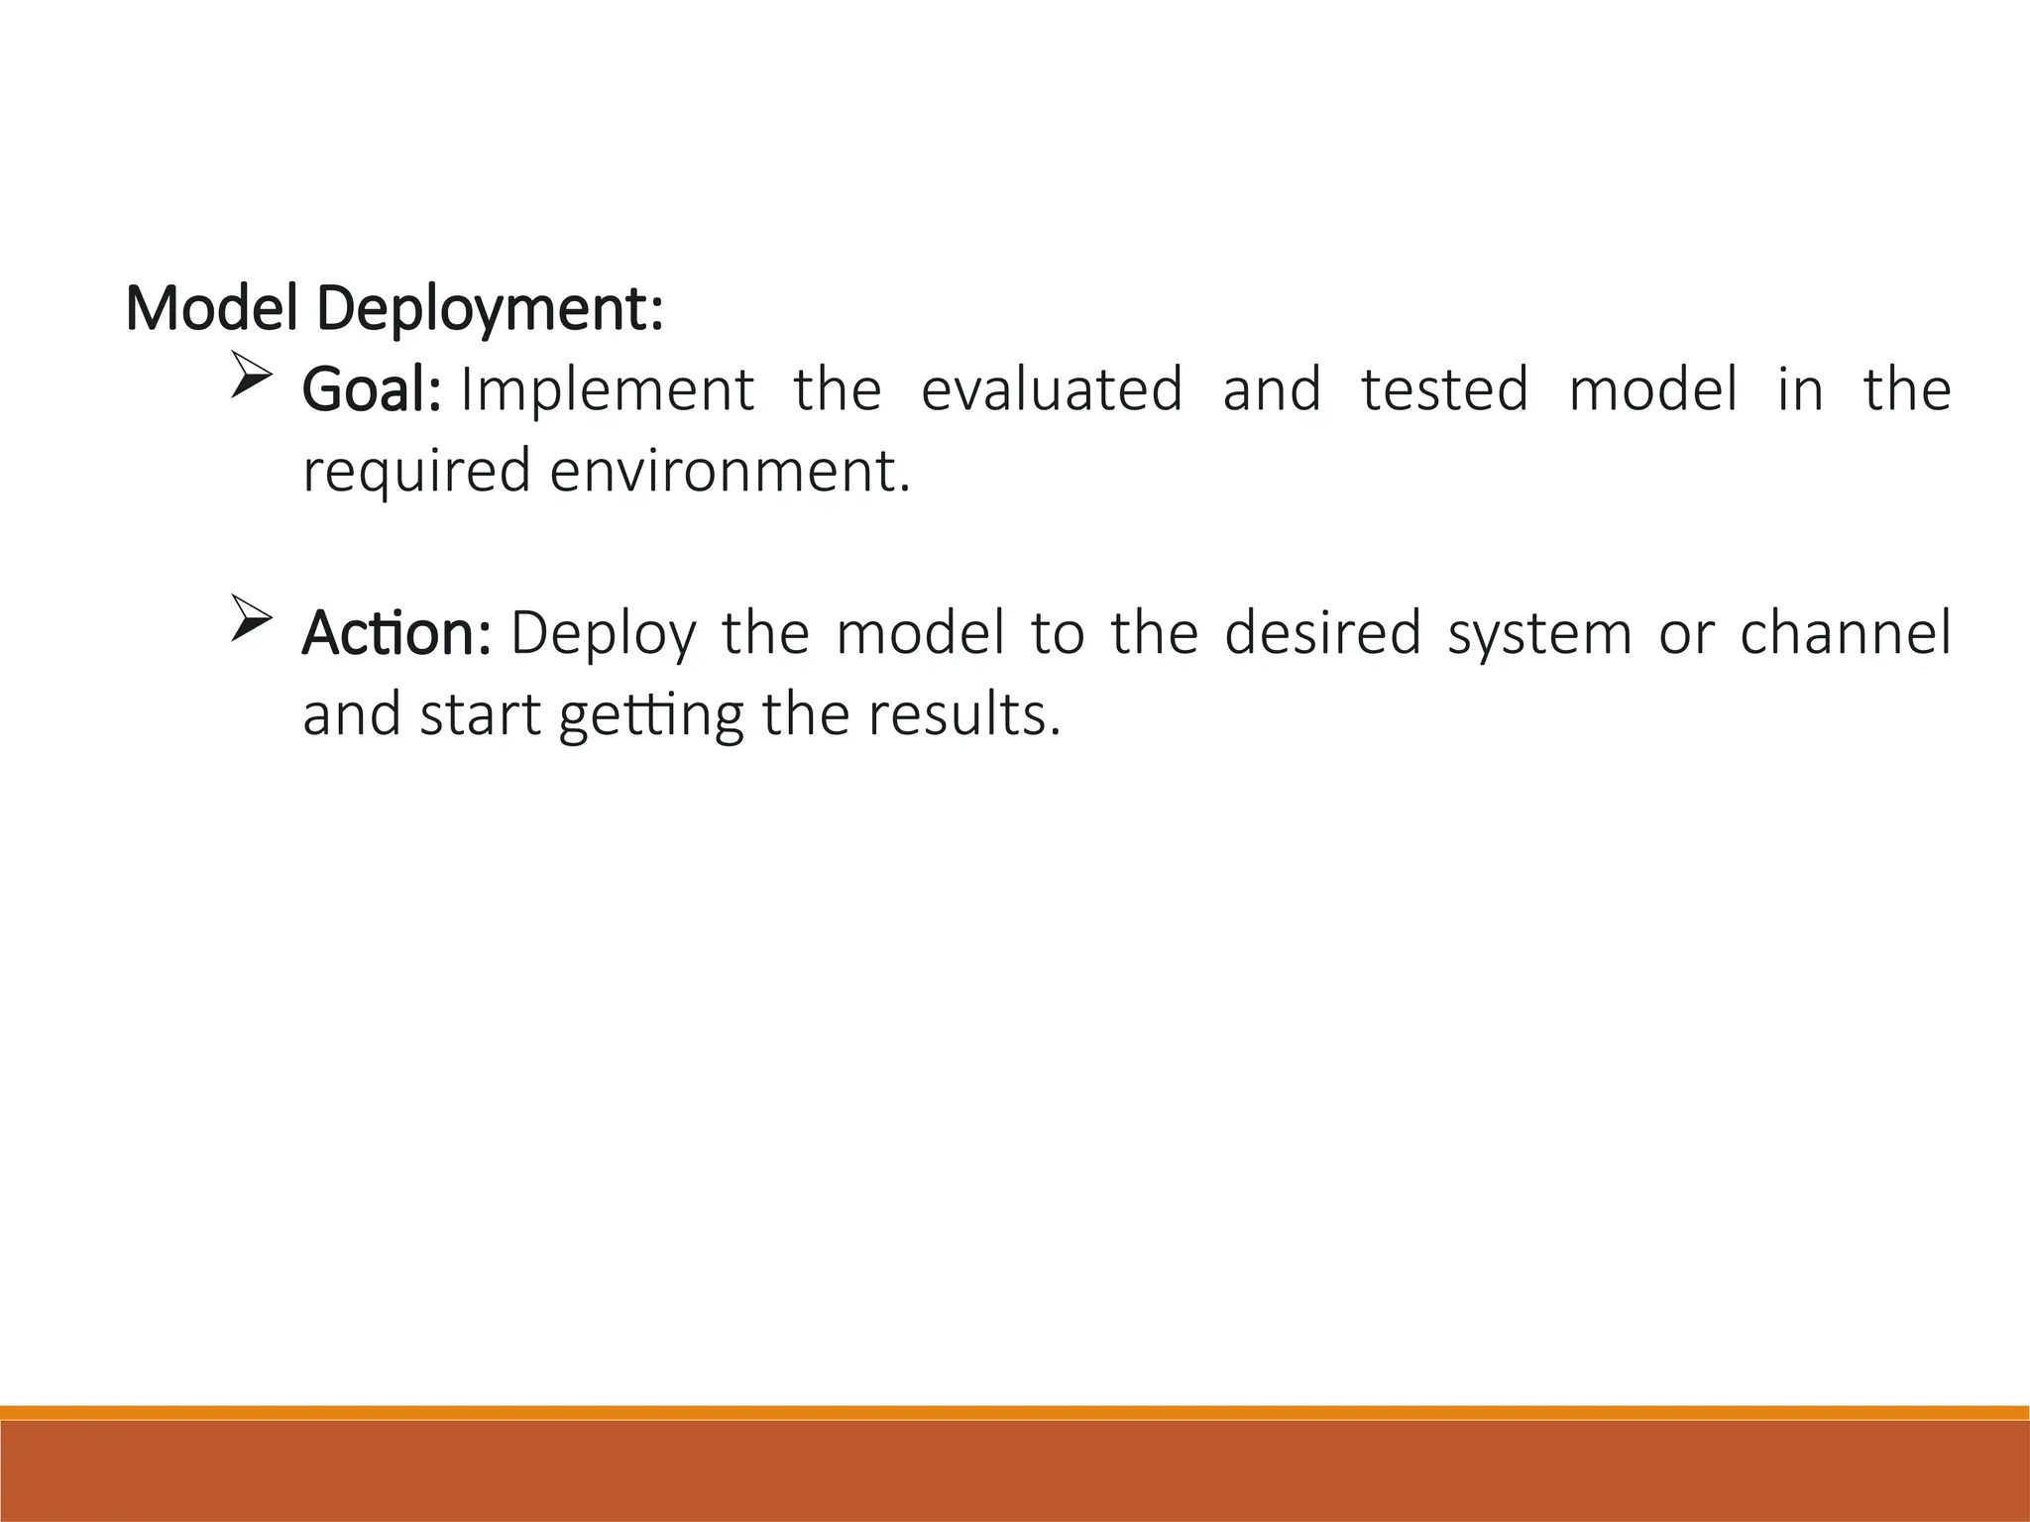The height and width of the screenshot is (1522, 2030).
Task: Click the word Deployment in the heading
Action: (x=490, y=311)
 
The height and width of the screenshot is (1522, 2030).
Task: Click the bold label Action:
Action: (x=396, y=633)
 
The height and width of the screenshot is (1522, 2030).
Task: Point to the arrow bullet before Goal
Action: (x=251, y=376)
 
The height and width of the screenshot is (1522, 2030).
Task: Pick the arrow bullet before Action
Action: (x=251, y=618)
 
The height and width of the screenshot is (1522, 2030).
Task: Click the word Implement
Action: (x=608, y=390)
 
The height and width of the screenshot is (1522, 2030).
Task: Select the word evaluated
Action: (x=1052, y=388)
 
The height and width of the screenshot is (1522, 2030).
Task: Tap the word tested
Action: (x=1444, y=388)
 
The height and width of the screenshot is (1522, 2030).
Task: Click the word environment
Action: (x=729, y=471)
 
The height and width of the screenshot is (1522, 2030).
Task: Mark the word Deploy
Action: (x=604, y=635)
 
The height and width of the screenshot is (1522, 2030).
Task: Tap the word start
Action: (x=480, y=714)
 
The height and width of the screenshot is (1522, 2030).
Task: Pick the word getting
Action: (x=651, y=716)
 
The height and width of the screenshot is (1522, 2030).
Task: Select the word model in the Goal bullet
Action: (x=1653, y=388)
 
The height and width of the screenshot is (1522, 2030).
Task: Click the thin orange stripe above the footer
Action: (x=1015, y=1412)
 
